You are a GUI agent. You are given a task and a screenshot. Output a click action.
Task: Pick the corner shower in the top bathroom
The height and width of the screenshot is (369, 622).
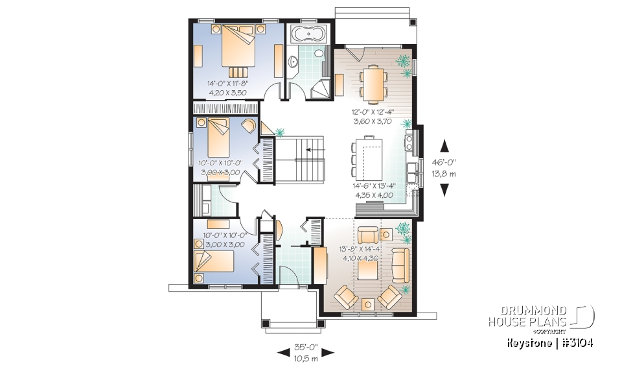coord(319,89)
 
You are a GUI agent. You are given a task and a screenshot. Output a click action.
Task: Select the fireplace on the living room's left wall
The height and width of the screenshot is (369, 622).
coord(319,264)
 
